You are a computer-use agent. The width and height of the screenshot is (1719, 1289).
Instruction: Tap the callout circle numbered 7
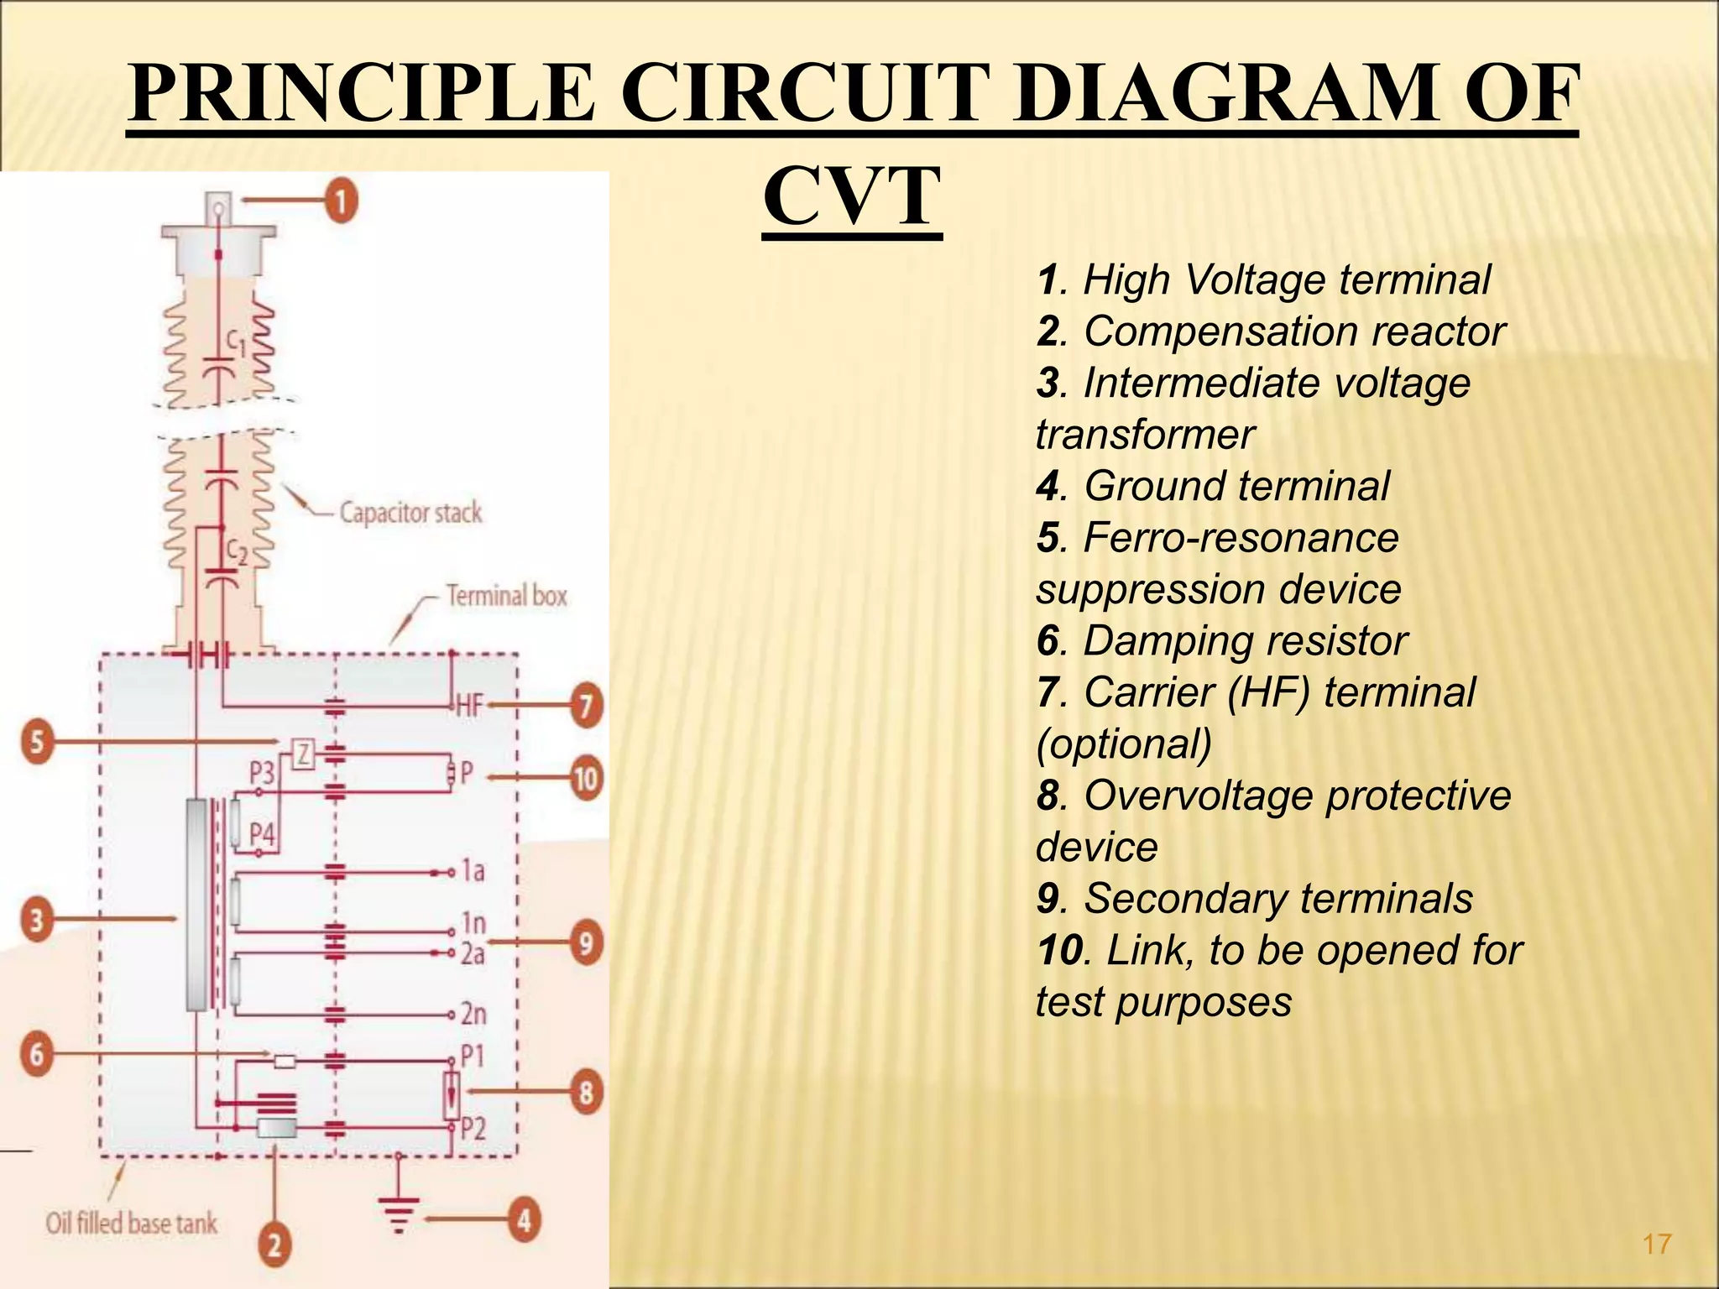click(586, 705)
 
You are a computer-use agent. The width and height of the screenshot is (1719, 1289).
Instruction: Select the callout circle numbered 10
click(586, 779)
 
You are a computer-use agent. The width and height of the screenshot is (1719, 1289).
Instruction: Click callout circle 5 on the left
click(37, 742)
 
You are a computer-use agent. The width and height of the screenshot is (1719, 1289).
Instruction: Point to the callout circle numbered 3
click(37, 920)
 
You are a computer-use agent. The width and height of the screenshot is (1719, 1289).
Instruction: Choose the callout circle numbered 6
click(37, 1053)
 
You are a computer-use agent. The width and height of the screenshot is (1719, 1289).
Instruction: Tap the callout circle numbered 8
click(586, 1092)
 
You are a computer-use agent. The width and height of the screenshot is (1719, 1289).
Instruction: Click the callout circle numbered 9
click(586, 942)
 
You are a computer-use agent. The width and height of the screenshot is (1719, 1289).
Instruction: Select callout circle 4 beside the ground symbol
click(524, 1219)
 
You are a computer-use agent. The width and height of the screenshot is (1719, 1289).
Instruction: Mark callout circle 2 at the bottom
click(274, 1244)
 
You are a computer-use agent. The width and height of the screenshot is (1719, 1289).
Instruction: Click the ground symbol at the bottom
click(399, 1213)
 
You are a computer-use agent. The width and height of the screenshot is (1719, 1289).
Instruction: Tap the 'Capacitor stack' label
click(410, 512)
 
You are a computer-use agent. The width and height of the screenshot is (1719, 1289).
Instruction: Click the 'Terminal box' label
click(506, 596)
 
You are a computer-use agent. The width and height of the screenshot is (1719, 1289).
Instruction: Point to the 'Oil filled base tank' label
click(132, 1224)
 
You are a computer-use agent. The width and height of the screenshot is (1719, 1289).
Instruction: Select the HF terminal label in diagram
click(470, 706)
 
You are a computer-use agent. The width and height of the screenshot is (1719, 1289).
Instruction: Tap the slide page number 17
click(1657, 1243)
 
